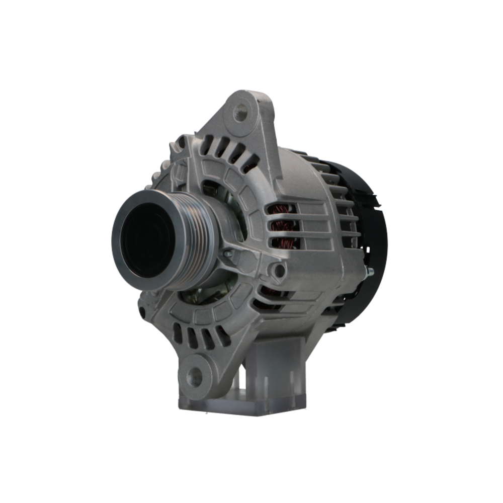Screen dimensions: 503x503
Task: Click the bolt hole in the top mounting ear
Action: click(241, 112)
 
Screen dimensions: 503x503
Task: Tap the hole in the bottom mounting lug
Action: click(195, 375)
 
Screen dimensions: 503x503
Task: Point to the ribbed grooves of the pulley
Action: click(199, 236)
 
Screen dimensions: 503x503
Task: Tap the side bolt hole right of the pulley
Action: click(278, 271)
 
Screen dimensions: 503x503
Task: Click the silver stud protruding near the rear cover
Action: click(370, 272)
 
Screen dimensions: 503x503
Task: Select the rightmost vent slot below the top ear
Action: click(250, 161)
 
